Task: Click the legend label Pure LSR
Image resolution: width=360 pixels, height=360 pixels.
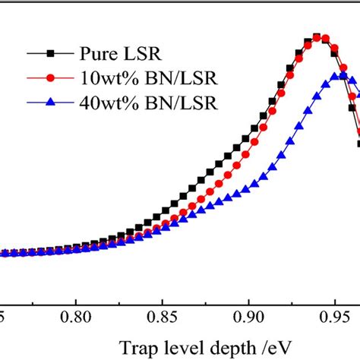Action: pyautogui.click(x=116, y=54)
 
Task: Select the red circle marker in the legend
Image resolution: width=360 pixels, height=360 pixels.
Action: pyautogui.click(x=51, y=78)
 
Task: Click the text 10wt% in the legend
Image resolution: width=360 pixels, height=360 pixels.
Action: pyautogui.click(x=103, y=78)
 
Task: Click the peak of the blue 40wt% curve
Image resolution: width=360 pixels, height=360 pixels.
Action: pyautogui.click(x=343, y=76)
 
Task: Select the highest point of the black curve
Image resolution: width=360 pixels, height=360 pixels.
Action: pyautogui.click(x=317, y=37)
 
